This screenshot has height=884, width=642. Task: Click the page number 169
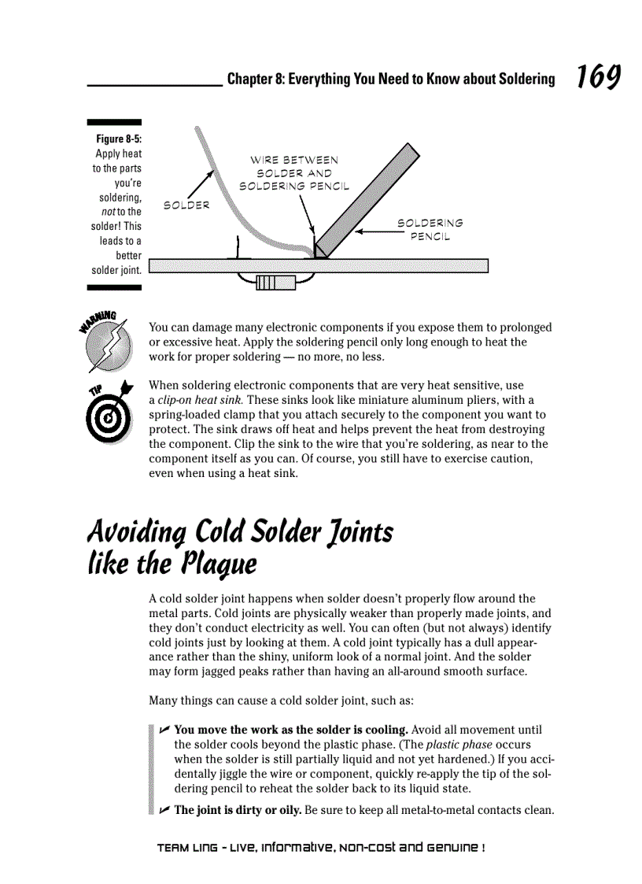pyautogui.click(x=598, y=79)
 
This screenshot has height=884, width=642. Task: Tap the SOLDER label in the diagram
pyautogui.click(x=186, y=205)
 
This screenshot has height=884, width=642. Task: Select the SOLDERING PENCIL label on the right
pyautogui.click(x=430, y=230)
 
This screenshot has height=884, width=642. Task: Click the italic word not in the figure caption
pyautogui.click(x=108, y=212)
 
